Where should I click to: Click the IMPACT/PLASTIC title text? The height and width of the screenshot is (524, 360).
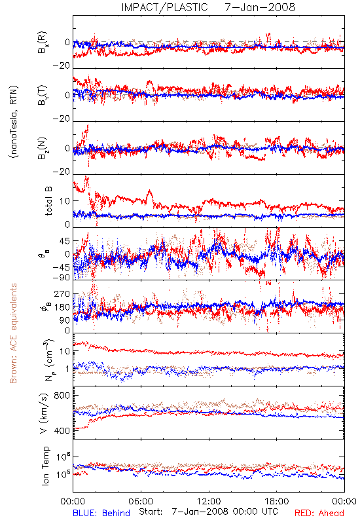[x=164, y=7]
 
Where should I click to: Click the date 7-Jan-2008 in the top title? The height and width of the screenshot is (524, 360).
[x=260, y=7]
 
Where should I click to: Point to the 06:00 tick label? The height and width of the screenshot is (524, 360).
[x=141, y=501]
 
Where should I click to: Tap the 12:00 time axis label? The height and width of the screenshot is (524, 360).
[x=209, y=501]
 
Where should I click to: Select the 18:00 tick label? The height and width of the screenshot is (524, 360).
[x=277, y=501]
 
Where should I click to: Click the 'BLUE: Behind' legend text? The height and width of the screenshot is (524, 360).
[x=101, y=513]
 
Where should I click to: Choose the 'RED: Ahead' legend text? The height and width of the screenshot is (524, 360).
[x=319, y=513]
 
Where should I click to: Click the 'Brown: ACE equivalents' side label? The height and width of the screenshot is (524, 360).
[x=13, y=333]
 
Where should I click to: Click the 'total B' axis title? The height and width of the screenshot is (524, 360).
[x=48, y=201]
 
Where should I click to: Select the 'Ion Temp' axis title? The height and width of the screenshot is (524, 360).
[x=45, y=466]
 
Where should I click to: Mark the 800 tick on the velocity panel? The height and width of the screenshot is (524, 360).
[x=62, y=396]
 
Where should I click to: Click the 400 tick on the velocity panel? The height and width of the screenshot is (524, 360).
[x=62, y=430]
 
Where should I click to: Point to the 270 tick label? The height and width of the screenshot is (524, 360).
[x=62, y=294]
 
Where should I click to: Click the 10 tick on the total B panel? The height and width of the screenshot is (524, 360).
[x=65, y=201]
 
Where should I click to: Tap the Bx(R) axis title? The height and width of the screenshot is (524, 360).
[x=43, y=43]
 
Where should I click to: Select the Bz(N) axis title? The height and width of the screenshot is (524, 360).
[x=43, y=148]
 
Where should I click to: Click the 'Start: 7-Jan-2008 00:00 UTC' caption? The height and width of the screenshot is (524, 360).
[x=208, y=512]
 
